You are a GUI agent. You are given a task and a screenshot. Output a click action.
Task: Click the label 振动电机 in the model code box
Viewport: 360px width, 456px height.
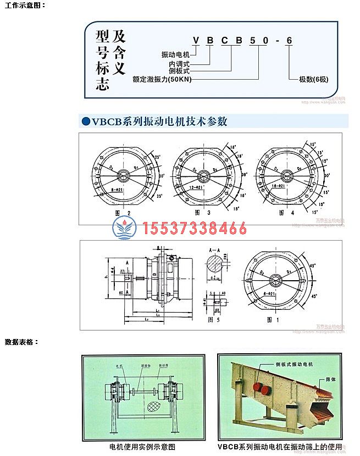pyautogui.click(x=175, y=55)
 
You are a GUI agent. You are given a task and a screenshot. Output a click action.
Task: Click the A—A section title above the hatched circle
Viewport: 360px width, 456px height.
pyautogui.click(x=215, y=249)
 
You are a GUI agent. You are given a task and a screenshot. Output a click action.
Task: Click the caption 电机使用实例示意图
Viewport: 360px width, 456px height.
pyautogui.click(x=142, y=446)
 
